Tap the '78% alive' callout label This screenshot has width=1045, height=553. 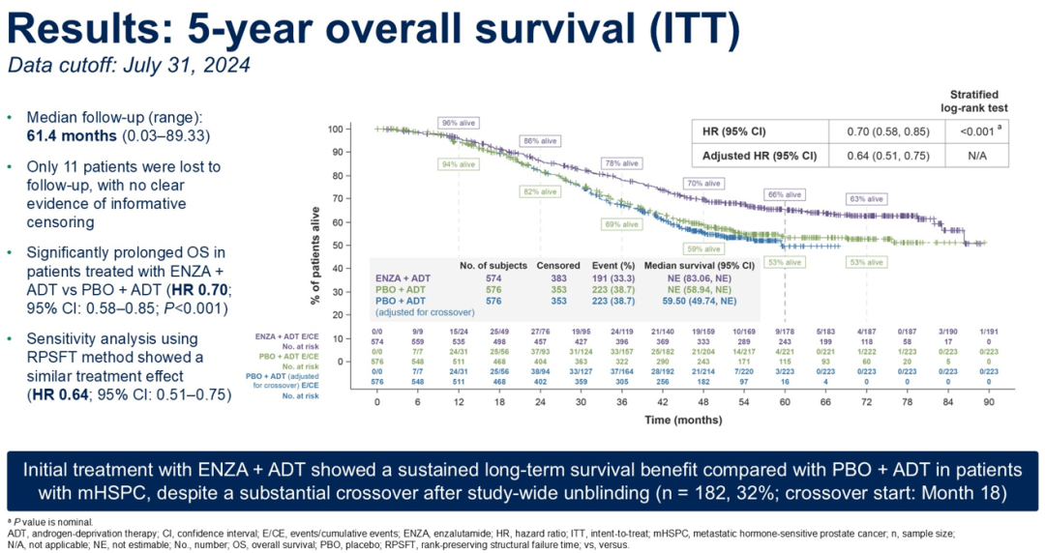[x=622, y=163]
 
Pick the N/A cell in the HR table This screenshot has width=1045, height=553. [x=975, y=156]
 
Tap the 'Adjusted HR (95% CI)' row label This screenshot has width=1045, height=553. [x=760, y=156]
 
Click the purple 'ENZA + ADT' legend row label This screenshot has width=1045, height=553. [x=404, y=276]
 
